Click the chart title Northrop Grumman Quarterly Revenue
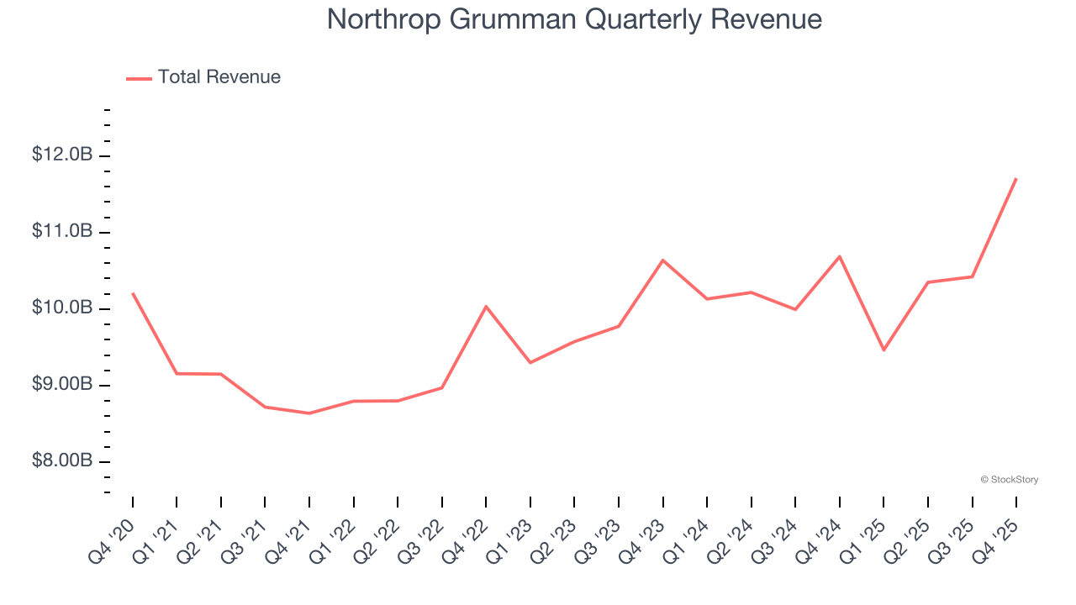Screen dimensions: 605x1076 (x=574, y=19)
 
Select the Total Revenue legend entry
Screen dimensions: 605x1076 (x=219, y=77)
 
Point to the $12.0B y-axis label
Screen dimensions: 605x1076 (x=62, y=155)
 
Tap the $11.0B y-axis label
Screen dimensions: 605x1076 (x=62, y=232)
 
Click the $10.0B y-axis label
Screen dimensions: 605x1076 (x=62, y=308)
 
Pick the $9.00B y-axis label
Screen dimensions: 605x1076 (x=62, y=385)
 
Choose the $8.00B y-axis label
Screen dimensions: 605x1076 (x=62, y=461)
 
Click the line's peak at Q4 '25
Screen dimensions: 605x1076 (x=1015, y=179)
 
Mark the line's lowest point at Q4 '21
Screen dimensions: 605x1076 (x=309, y=413)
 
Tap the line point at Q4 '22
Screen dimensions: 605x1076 (x=486, y=306)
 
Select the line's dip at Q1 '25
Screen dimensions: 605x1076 (x=883, y=350)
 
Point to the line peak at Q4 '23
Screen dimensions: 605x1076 (x=662, y=260)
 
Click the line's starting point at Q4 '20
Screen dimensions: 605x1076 (x=133, y=293)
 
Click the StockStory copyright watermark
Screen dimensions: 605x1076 (x=1009, y=480)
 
